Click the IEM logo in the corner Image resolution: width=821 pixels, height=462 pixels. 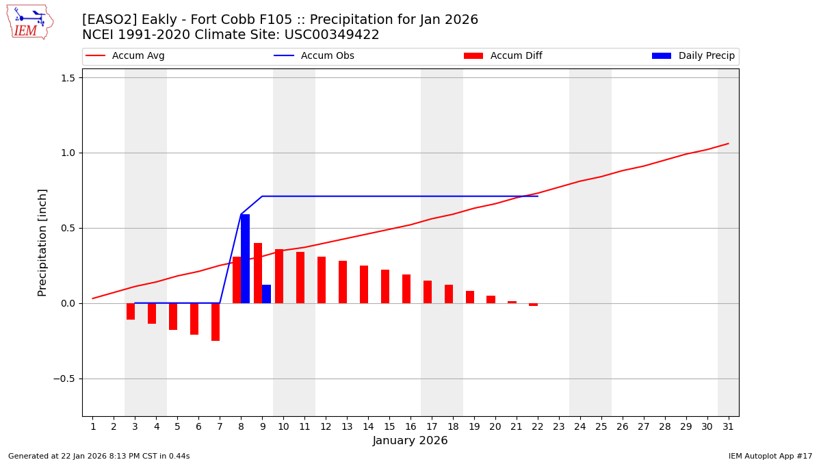pos(29,22)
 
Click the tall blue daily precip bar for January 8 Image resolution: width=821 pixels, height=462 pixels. pos(245,259)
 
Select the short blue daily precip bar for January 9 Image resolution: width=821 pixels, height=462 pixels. pos(266,294)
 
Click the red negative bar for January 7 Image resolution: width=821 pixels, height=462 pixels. pos(216,322)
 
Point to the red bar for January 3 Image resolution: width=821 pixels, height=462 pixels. pos(131,311)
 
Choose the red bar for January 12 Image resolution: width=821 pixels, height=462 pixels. pos(322,280)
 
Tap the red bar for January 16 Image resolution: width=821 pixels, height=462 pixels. pos(406,289)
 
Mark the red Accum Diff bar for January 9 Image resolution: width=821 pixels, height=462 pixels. pos(258,273)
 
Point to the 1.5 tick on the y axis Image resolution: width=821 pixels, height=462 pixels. pos(68,78)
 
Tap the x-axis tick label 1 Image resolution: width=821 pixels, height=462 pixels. pos(93,426)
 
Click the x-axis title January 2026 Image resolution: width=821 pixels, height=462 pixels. pos(410,441)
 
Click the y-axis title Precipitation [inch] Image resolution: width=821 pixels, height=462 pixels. pos(42,242)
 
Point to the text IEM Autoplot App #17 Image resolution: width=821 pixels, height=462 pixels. pos(770,456)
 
